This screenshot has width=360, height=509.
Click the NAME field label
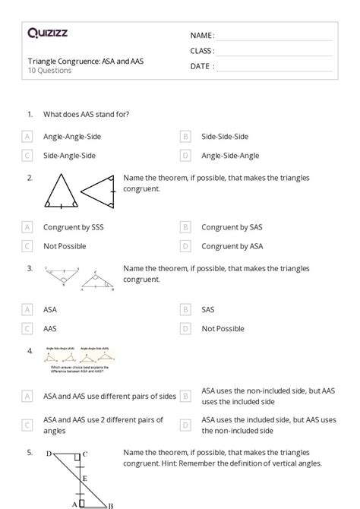tap(202, 35)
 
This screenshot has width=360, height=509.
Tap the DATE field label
tap(202, 66)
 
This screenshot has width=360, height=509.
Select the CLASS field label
tap(203, 51)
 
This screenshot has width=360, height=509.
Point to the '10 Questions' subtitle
tap(49, 71)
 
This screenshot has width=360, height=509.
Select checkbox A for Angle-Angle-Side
tap(27, 137)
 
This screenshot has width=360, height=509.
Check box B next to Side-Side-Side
tap(185, 137)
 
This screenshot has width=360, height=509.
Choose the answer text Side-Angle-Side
tap(69, 156)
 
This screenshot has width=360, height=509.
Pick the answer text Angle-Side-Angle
tap(230, 156)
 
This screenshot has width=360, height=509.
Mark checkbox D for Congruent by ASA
tap(185, 246)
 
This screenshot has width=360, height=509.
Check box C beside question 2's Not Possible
tap(27, 246)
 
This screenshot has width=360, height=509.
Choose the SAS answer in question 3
tap(208, 310)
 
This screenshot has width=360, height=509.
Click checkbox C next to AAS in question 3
tap(27, 329)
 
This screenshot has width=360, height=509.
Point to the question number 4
tap(30, 351)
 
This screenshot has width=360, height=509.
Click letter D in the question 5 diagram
tap(49, 454)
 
